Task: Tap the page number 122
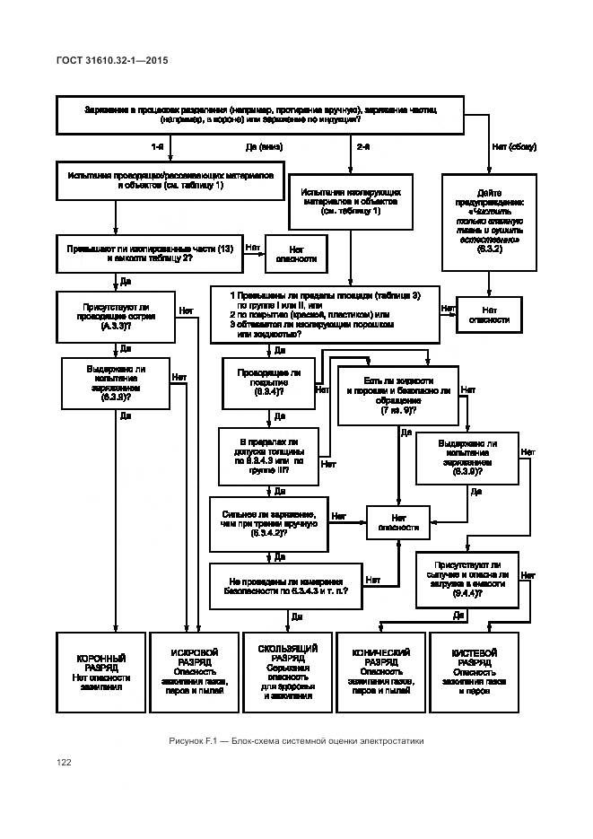pos(64,763)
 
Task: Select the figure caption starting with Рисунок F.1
pos(295,741)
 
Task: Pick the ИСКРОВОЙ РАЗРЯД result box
pos(195,673)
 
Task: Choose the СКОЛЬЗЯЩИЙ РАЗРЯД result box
pos(288,673)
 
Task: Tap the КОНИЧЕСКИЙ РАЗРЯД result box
pos(380,673)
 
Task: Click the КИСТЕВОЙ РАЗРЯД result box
pos(475,673)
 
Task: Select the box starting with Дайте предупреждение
pos(489,222)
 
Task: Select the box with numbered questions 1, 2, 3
pos(324,314)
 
